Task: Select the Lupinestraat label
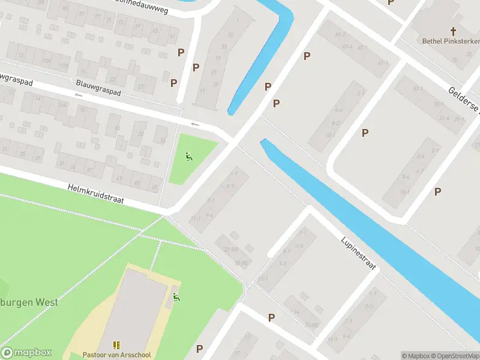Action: click(359, 253)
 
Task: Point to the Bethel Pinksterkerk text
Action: click(447, 41)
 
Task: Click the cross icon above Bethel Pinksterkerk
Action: click(454, 31)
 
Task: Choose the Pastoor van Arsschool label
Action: click(117, 355)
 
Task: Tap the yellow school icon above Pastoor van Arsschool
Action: click(116, 345)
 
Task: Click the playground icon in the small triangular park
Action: click(188, 157)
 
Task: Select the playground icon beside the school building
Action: click(176, 296)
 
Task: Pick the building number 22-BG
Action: click(230, 249)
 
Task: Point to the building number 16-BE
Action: click(242, 263)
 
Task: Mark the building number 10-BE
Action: click(311, 325)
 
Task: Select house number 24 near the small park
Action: click(161, 137)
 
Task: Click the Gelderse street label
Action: click(464, 100)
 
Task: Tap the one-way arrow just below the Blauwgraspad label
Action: click(79, 95)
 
